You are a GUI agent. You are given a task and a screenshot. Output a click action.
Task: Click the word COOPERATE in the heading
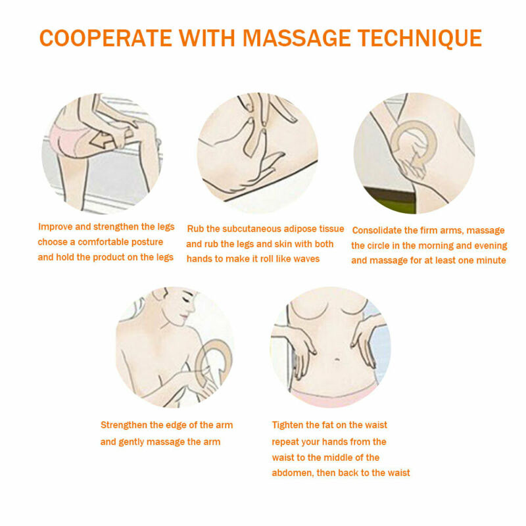tap(106, 37)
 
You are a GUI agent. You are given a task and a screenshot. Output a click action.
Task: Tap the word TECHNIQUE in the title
tap(419, 38)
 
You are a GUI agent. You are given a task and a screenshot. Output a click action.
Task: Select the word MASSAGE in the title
tap(297, 37)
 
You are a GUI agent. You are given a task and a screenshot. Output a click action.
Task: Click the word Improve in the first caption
tap(55, 227)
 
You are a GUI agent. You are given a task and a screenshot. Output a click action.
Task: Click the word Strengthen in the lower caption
tap(124, 425)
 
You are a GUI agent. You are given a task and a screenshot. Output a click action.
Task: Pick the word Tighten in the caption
tap(287, 425)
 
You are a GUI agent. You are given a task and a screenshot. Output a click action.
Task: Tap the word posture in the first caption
tap(147, 242)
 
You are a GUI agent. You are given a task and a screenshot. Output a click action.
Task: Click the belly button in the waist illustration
tap(337, 360)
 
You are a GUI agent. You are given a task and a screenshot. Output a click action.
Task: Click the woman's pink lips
tap(183, 317)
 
